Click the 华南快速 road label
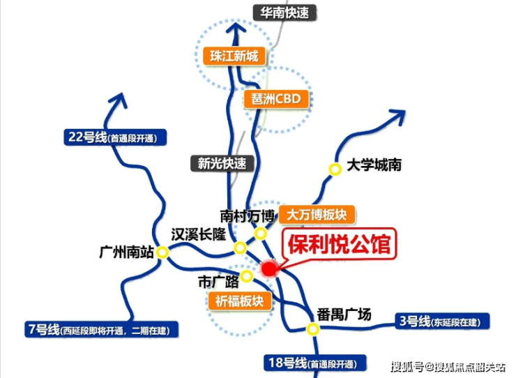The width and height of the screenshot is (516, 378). pos(284,13)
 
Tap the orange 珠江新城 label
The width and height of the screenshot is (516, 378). pos(234,56)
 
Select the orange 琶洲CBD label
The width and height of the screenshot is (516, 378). pos(276,99)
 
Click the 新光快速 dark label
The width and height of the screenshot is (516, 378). pos(222,163)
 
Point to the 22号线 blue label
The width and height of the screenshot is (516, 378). pos(115,137)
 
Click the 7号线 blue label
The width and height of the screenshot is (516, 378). pos(101,329)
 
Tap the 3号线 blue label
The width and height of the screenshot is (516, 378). pos(442,321)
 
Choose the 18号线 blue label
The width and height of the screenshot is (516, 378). pos(314,363)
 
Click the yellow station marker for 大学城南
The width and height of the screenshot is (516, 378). pos(335,169)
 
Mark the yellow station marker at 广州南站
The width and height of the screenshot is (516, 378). pos(162,252)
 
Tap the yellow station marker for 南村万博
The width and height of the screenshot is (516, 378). pos(261,234)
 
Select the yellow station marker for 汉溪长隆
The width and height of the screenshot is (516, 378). pos(241,248)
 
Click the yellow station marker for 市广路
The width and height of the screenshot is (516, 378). pos(246,276)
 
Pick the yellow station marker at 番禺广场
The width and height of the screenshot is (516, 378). pos(312,328)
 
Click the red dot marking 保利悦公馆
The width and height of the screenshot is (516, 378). pos(270,269)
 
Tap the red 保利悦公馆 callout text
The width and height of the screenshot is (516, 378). pos(339,244)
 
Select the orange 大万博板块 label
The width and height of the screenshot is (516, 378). pos(317,215)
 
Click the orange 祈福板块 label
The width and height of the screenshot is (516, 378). pos(240,301)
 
